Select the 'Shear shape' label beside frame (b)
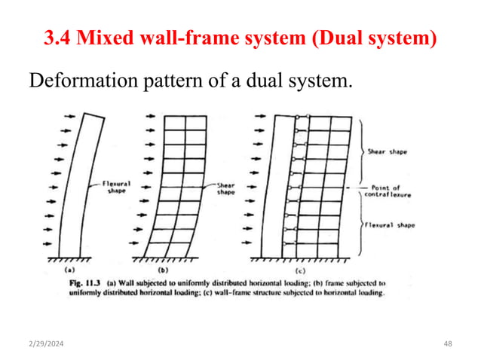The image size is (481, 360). click(225, 188)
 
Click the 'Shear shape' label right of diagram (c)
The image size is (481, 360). click(388, 151)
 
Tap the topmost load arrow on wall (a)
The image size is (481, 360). click(67, 117)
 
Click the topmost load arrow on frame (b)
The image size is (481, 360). click(150, 117)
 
